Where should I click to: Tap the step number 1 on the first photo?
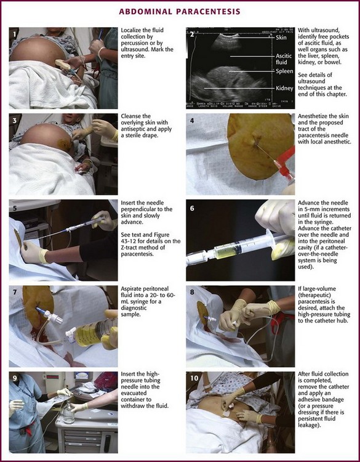pyautogui.click(x=14, y=34)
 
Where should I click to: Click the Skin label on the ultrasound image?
pyautogui.click(x=281, y=38)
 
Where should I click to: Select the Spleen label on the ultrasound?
pyautogui.click(x=284, y=71)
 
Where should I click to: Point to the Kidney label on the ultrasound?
pyautogui.click(x=284, y=88)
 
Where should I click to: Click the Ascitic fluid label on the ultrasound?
pyautogui.click(x=284, y=59)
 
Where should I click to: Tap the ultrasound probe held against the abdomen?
pyautogui.click(x=63, y=64)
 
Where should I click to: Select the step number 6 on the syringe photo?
pyautogui.click(x=192, y=208)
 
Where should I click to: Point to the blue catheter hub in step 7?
pyautogui.click(x=40, y=310)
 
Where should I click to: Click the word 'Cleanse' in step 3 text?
pyautogui.click(x=131, y=116)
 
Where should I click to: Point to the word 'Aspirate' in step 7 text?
pyautogui.click(x=131, y=289)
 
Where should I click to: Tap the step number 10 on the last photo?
pyautogui.click(x=194, y=378)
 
